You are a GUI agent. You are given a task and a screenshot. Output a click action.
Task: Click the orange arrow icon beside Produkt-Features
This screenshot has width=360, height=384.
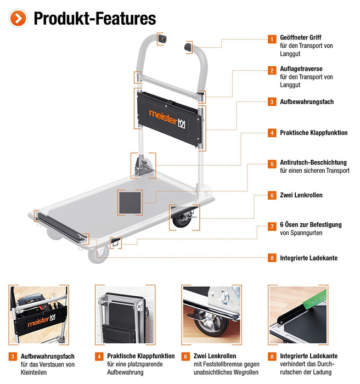[x=19, y=18]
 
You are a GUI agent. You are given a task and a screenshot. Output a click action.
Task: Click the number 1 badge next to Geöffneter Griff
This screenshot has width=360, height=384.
[x=272, y=39]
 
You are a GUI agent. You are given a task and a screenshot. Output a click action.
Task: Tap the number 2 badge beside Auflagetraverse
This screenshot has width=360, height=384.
[x=272, y=70]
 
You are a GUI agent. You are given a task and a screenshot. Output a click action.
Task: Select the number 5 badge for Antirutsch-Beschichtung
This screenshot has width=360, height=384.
[x=272, y=163]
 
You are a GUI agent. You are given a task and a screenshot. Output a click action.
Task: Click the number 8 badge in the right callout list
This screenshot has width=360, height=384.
[x=272, y=258]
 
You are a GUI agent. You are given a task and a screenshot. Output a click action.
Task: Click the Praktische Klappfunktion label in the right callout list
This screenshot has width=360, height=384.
[x=313, y=133]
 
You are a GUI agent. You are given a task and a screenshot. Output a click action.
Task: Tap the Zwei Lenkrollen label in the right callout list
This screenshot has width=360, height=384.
[x=301, y=195]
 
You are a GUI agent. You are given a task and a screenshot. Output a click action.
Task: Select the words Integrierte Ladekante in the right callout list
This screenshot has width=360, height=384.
[x=308, y=258]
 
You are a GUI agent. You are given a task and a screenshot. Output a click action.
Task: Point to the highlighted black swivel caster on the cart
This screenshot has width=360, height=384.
[x=182, y=217]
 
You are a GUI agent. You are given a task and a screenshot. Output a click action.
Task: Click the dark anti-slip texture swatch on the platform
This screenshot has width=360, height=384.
[x=130, y=202]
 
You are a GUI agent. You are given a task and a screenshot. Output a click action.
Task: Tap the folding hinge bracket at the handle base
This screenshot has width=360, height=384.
[x=144, y=165]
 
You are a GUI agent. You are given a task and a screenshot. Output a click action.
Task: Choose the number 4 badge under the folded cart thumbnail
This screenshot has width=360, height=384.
[x=99, y=356]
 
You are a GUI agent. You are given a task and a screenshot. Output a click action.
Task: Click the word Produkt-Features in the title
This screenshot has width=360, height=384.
[x=94, y=19]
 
